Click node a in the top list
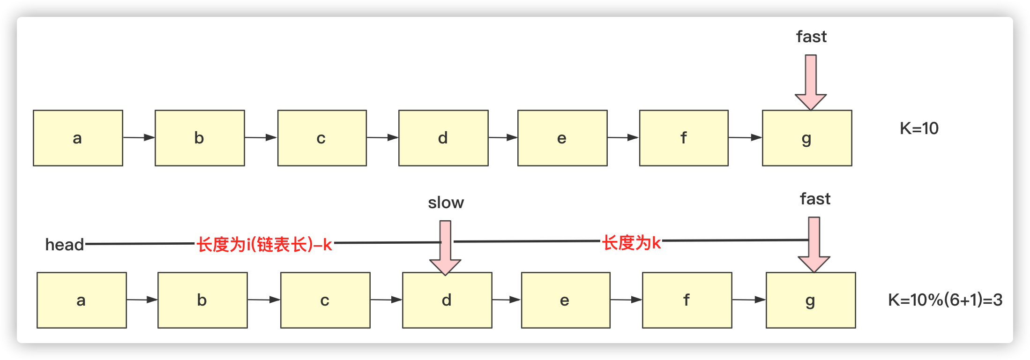(78, 138)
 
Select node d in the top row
(443, 138)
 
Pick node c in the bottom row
(325, 300)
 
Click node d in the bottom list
(447, 300)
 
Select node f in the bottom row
(687, 300)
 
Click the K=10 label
(919, 128)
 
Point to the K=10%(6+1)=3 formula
(945, 300)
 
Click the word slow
(446, 202)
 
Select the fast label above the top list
(811, 37)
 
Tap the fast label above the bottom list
(815, 199)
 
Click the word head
(64, 245)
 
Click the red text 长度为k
(631, 243)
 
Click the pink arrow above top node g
(811, 82)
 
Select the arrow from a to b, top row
(139, 137)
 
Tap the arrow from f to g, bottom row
(749, 300)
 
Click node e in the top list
(562, 138)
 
